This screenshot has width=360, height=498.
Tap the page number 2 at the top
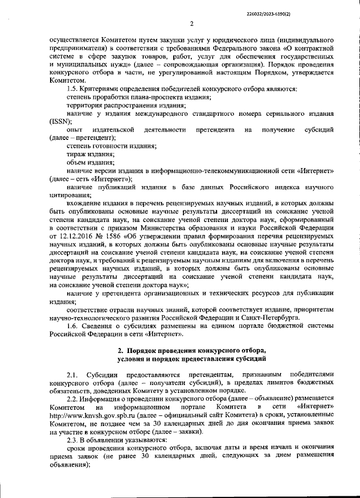[191, 23]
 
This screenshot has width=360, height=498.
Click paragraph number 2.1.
[73, 374]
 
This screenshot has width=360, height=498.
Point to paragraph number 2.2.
[73, 398]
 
